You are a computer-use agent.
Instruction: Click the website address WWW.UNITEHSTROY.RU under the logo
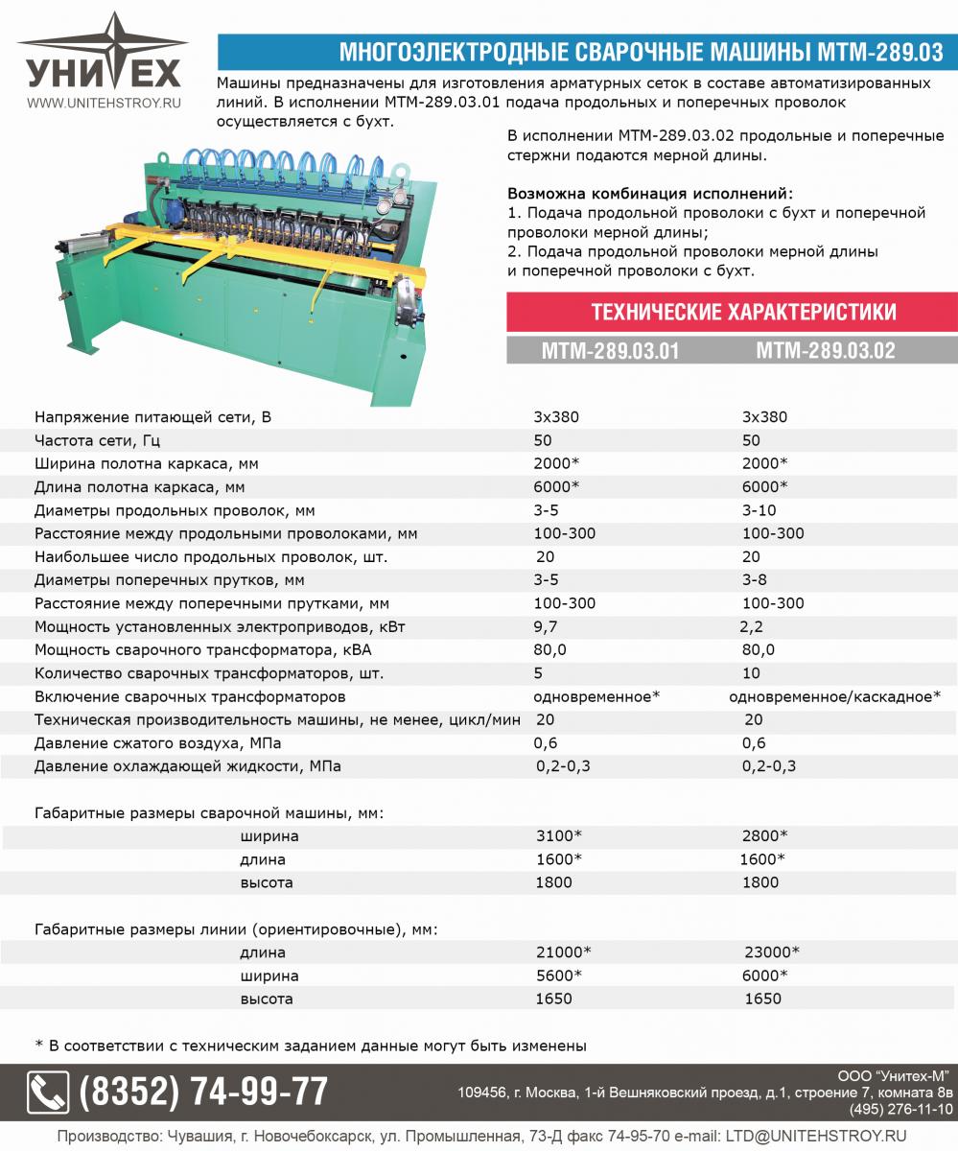point(104,102)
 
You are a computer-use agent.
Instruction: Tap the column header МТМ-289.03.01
point(610,351)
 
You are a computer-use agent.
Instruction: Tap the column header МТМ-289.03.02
point(825,351)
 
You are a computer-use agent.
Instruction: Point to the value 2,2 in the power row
point(754,626)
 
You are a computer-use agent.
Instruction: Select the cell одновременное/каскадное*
point(834,696)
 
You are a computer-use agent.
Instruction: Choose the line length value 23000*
point(771,952)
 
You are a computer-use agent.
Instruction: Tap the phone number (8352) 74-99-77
point(203,1092)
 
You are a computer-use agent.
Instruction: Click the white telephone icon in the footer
point(48,1092)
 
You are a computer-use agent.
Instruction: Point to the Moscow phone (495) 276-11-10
point(901,1109)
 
